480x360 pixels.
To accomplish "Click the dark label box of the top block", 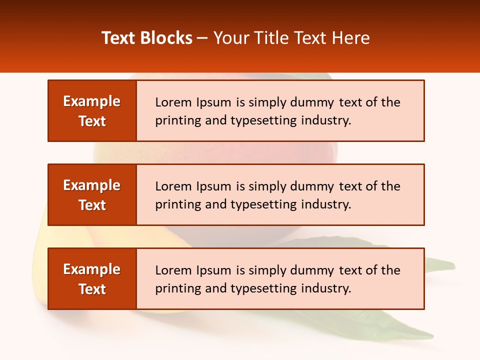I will [x=92, y=111].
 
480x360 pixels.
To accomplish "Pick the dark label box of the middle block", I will [x=92, y=195].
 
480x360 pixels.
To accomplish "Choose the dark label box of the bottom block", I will [x=92, y=279].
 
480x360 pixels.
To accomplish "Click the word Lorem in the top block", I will [x=173, y=102].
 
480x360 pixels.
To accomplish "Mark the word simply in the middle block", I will [x=266, y=186].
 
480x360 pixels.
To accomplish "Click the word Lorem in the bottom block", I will [x=173, y=270].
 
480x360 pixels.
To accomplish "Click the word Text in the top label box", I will [x=92, y=121].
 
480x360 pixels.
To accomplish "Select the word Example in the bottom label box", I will [x=92, y=269].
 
